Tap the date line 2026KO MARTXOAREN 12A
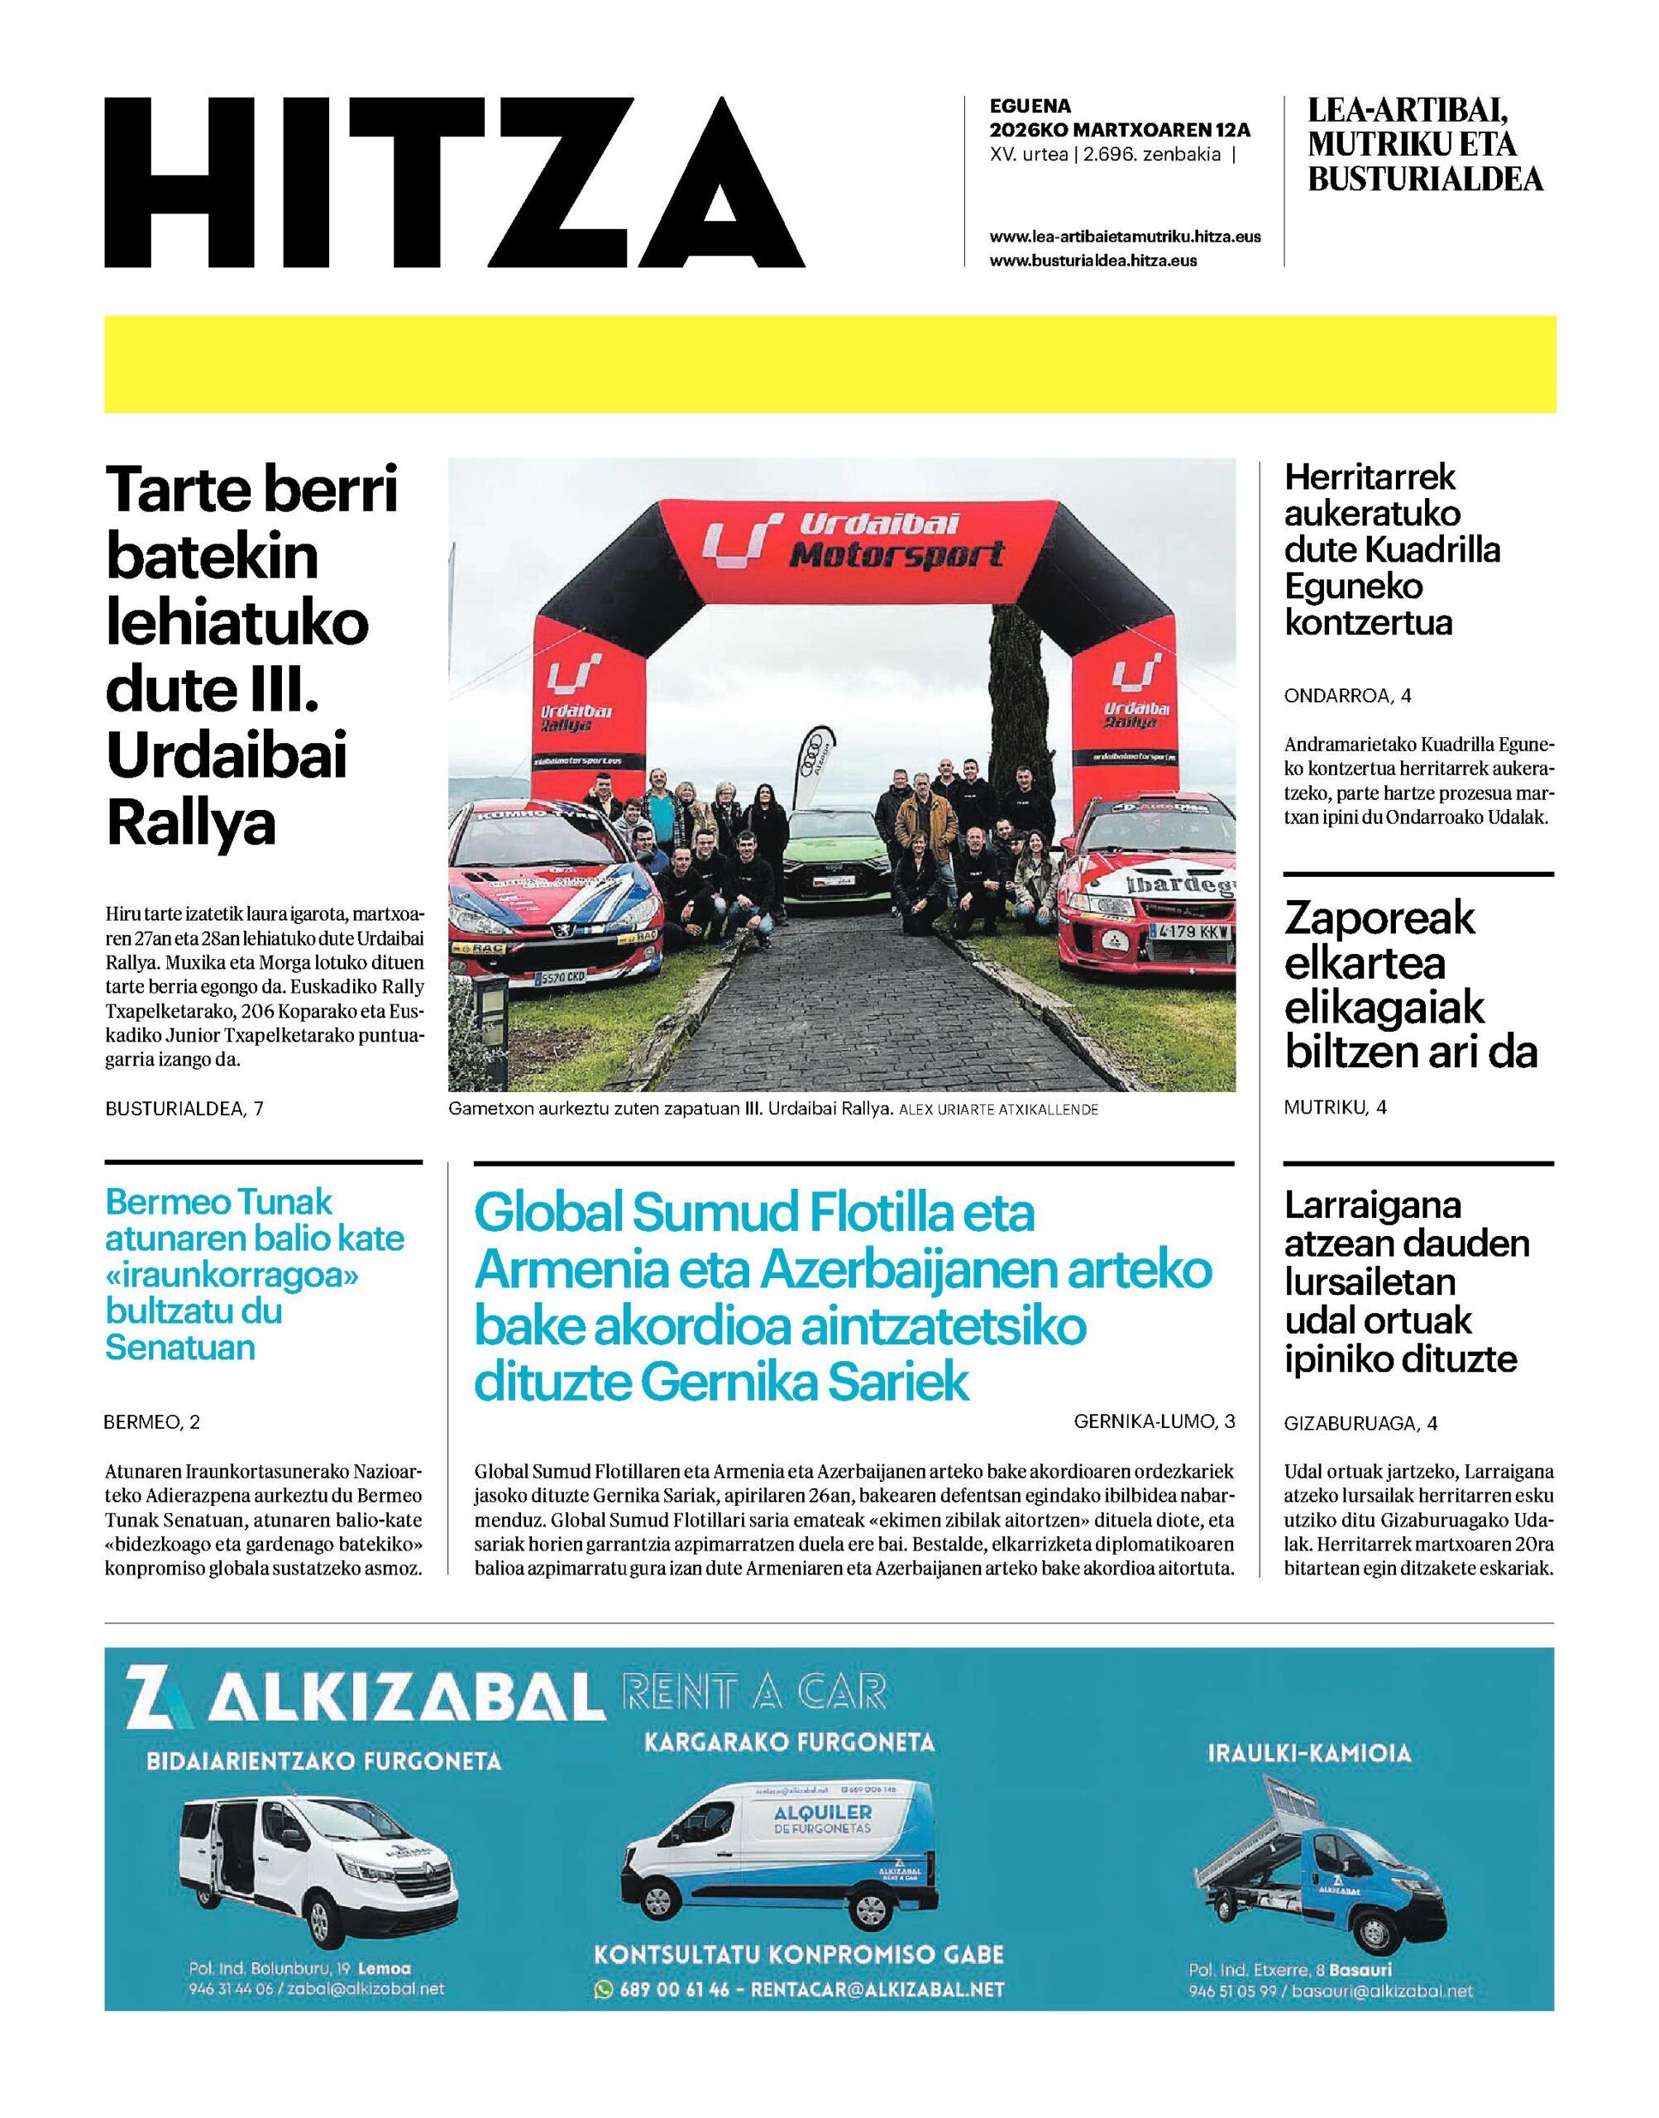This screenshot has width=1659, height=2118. tap(1119, 130)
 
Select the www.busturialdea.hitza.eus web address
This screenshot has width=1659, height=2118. tap(1092, 261)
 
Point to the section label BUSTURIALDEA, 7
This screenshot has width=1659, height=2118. tap(184, 1109)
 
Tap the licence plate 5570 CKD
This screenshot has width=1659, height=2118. tap(562, 976)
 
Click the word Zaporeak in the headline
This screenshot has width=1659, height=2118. tap(1379, 919)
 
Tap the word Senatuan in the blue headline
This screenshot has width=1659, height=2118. tap(179, 1348)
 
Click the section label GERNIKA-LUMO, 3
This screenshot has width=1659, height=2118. tap(1154, 1421)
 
